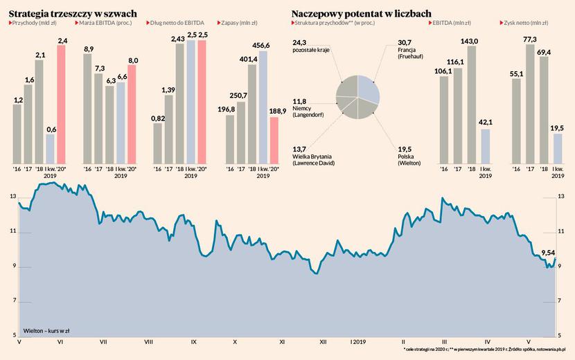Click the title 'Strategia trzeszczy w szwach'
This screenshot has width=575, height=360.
point(72,13)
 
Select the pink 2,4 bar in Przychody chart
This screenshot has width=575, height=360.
point(61,104)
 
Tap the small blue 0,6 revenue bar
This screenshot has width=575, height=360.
point(50,147)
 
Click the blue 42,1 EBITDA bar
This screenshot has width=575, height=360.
point(484,145)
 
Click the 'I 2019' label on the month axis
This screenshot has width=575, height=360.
point(359,342)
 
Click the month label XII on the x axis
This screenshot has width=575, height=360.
point(323,342)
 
